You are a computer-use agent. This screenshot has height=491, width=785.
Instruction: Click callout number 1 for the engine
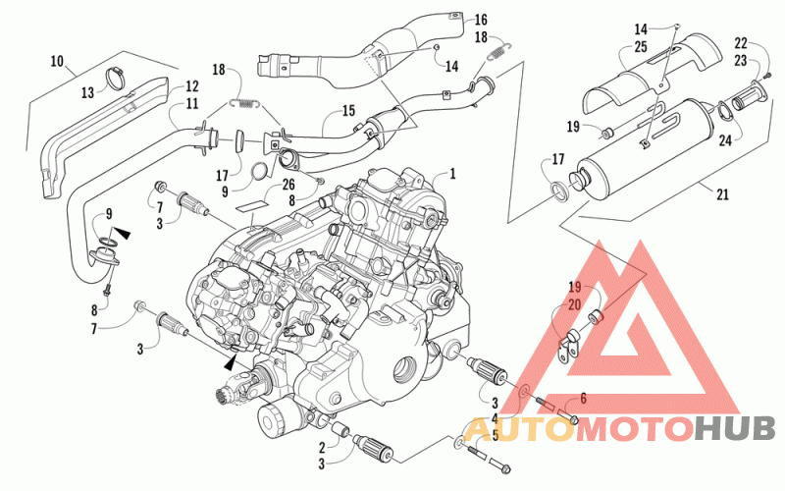pyautogui.click(x=452, y=174)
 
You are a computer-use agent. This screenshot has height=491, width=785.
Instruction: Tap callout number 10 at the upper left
pyautogui.click(x=57, y=62)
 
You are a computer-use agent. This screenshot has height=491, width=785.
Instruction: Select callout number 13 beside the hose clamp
pyautogui.click(x=87, y=92)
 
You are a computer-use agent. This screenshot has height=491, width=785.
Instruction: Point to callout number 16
pyautogui.click(x=481, y=20)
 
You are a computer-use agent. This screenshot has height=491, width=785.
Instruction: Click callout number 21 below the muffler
pyautogui.click(x=722, y=193)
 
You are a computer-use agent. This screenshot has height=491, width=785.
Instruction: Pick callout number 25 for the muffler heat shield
pyautogui.click(x=641, y=46)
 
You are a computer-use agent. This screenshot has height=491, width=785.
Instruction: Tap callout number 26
pyautogui.click(x=288, y=185)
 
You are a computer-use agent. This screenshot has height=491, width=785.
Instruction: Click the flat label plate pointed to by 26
pyautogui.click(x=253, y=205)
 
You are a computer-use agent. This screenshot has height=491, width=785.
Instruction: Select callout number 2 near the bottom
pyautogui.click(x=323, y=448)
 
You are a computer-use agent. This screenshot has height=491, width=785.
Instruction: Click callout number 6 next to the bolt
pyautogui.click(x=583, y=399)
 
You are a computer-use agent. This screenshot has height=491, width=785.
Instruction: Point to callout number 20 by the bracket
pyautogui.click(x=574, y=304)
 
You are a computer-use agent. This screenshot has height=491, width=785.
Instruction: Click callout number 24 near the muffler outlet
pyautogui.click(x=725, y=140)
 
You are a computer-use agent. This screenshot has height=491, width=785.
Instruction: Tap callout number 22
pyautogui.click(x=741, y=43)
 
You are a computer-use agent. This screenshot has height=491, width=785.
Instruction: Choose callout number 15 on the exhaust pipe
pyautogui.click(x=348, y=111)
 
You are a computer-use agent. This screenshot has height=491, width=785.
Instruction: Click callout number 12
pyautogui.click(x=191, y=86)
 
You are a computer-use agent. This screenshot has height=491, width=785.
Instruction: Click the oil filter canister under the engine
pyautogui.click(x=274, y=418)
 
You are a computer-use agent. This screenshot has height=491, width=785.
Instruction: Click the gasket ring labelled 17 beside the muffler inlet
pyautogui.click(x=559, y=191)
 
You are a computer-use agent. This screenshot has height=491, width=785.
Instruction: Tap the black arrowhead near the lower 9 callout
pyautogui.click(x=122, y=233)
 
